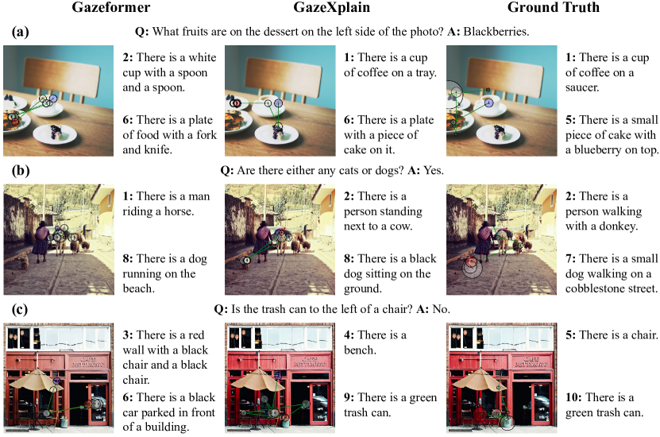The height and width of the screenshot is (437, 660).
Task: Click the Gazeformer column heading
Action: (x=110, y=7)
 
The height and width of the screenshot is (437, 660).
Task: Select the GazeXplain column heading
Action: (x=332, y=7)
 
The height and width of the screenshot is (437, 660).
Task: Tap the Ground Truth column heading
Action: (x=553, y=7)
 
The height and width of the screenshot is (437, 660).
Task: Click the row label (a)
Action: (x=20, y=32)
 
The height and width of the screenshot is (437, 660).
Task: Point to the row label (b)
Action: (x=21, y=171)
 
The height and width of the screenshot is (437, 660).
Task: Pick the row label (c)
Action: (x=20, y=309)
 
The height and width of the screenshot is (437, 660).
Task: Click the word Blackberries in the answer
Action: (x=496, y=32)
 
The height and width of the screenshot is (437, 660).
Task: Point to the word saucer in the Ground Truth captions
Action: (x=581, y=87)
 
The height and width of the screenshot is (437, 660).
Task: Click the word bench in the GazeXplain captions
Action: (x=359, y=350)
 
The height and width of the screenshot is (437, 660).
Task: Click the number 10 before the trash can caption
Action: (x=573, y=397)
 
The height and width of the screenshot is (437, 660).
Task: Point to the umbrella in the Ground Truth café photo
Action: (x=480, y=379)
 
